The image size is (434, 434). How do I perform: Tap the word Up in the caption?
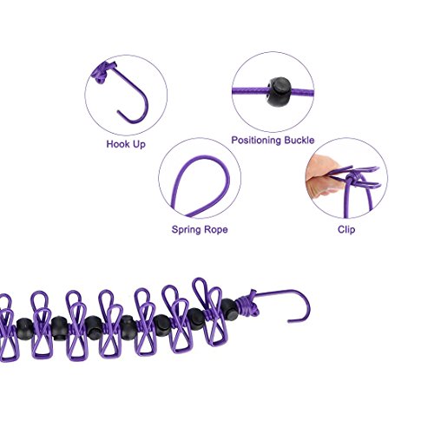(140, 144)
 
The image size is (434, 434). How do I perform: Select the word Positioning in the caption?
(256, 141)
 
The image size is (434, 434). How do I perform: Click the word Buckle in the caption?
(299, 140)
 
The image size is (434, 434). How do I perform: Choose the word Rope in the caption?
(216, 230)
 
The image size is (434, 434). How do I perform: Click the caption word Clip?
(346, 229)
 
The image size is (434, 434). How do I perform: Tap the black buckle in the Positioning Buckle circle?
(279, 92)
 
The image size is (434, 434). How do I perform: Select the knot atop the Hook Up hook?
(100, 73)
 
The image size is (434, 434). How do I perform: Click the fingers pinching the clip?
(323, 176)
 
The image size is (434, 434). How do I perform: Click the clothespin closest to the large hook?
(211, 312)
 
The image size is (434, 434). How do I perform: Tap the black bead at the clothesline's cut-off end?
(23, 329)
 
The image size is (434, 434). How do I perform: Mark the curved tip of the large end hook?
(289, 321)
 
